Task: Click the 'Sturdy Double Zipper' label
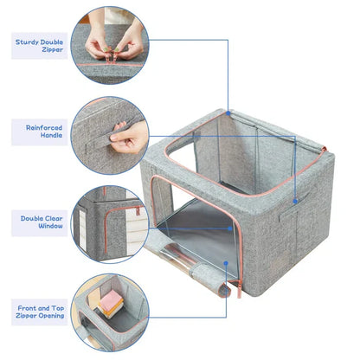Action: [39, 45]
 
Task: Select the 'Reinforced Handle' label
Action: [39, 132]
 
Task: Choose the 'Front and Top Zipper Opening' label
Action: [39, 312]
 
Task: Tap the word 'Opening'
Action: [50, 317]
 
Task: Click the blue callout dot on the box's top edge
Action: [228, 112]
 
